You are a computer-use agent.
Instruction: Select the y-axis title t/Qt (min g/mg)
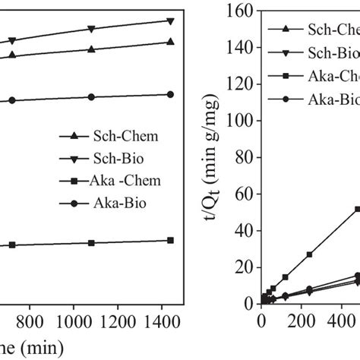pos(213,152)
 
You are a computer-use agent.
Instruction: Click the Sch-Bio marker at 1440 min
pos(169,21)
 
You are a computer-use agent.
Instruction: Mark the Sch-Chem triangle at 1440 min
pos(169,42)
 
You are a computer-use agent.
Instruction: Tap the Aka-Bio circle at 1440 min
pos(169,94)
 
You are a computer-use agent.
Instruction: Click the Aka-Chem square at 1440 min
pos(169,240)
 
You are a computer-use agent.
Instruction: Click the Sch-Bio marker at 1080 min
pos(91,29)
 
